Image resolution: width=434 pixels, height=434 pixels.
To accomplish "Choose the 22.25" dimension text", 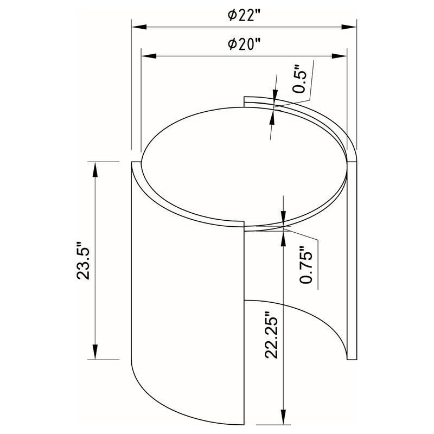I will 273,335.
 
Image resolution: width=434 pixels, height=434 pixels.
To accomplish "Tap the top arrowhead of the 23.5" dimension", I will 95,168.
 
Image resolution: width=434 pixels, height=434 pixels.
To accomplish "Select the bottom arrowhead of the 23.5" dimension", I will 95,352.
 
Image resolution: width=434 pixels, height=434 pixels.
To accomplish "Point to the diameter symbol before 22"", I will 232,16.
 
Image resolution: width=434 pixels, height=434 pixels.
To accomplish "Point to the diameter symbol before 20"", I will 232,46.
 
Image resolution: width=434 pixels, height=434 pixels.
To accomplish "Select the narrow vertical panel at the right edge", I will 352,260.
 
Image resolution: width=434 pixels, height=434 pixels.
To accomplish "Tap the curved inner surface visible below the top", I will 304,320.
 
